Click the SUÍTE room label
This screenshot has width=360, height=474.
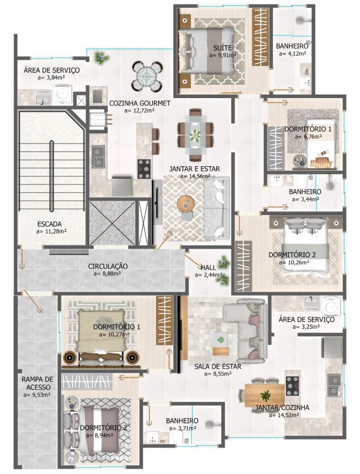pyautogui.click(x=222, y=48)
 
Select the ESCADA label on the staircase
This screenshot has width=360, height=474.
pyautogui.click(x=50, y=224)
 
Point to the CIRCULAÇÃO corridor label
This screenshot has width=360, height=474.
pyautogui.click(x=107, y=266)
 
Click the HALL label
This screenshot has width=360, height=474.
pyautogui.click(x=208, y=268)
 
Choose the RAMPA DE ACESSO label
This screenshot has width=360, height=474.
pyautogui.click(x=38, y=383)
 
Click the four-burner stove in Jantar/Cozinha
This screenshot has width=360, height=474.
pyautogui.click(x=293, y=386)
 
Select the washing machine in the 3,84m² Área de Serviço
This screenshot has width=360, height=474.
pyautogui.click(x=63, y=94)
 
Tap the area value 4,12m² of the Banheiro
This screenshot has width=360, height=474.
pyautogui.click(x=292, y=54)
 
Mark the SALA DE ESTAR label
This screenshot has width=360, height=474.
pyautogui.click(x=218, y=367)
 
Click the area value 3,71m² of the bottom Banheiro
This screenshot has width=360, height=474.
pyautogui.click(x=183, y=428)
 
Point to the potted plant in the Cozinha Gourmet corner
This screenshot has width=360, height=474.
pyautogui.click(x=99, y=57)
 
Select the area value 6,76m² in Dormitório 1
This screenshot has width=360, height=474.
pyautogui.click(x=308, y=137)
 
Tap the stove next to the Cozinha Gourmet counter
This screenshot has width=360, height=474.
pyautogui.click(x=144, y=168)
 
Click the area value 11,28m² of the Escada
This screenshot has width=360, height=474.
pyautogui.click(x=51, y=231)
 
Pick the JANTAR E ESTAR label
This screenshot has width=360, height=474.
pyautogui.click(x=195, y=169)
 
